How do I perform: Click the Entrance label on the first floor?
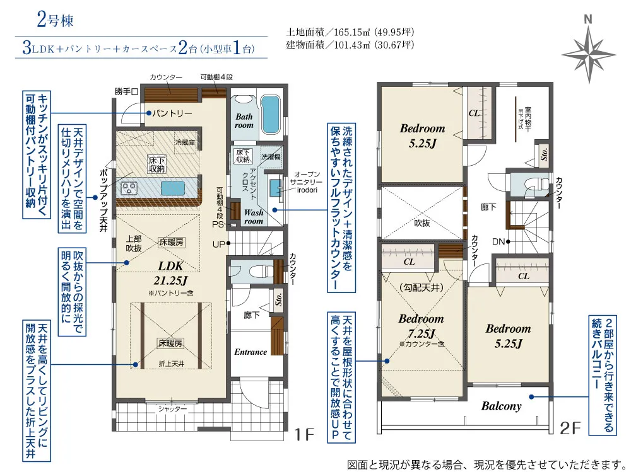[251, 352]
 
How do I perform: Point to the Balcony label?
[502, 406]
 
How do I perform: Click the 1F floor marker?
[304, 434]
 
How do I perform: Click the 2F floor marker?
[570, 429]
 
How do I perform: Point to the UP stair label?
[218, 244]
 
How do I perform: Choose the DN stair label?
[497, 241]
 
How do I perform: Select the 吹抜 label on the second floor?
[422, 222]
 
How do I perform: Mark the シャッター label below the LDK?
[172, 409]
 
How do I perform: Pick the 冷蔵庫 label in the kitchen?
[186, 142]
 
